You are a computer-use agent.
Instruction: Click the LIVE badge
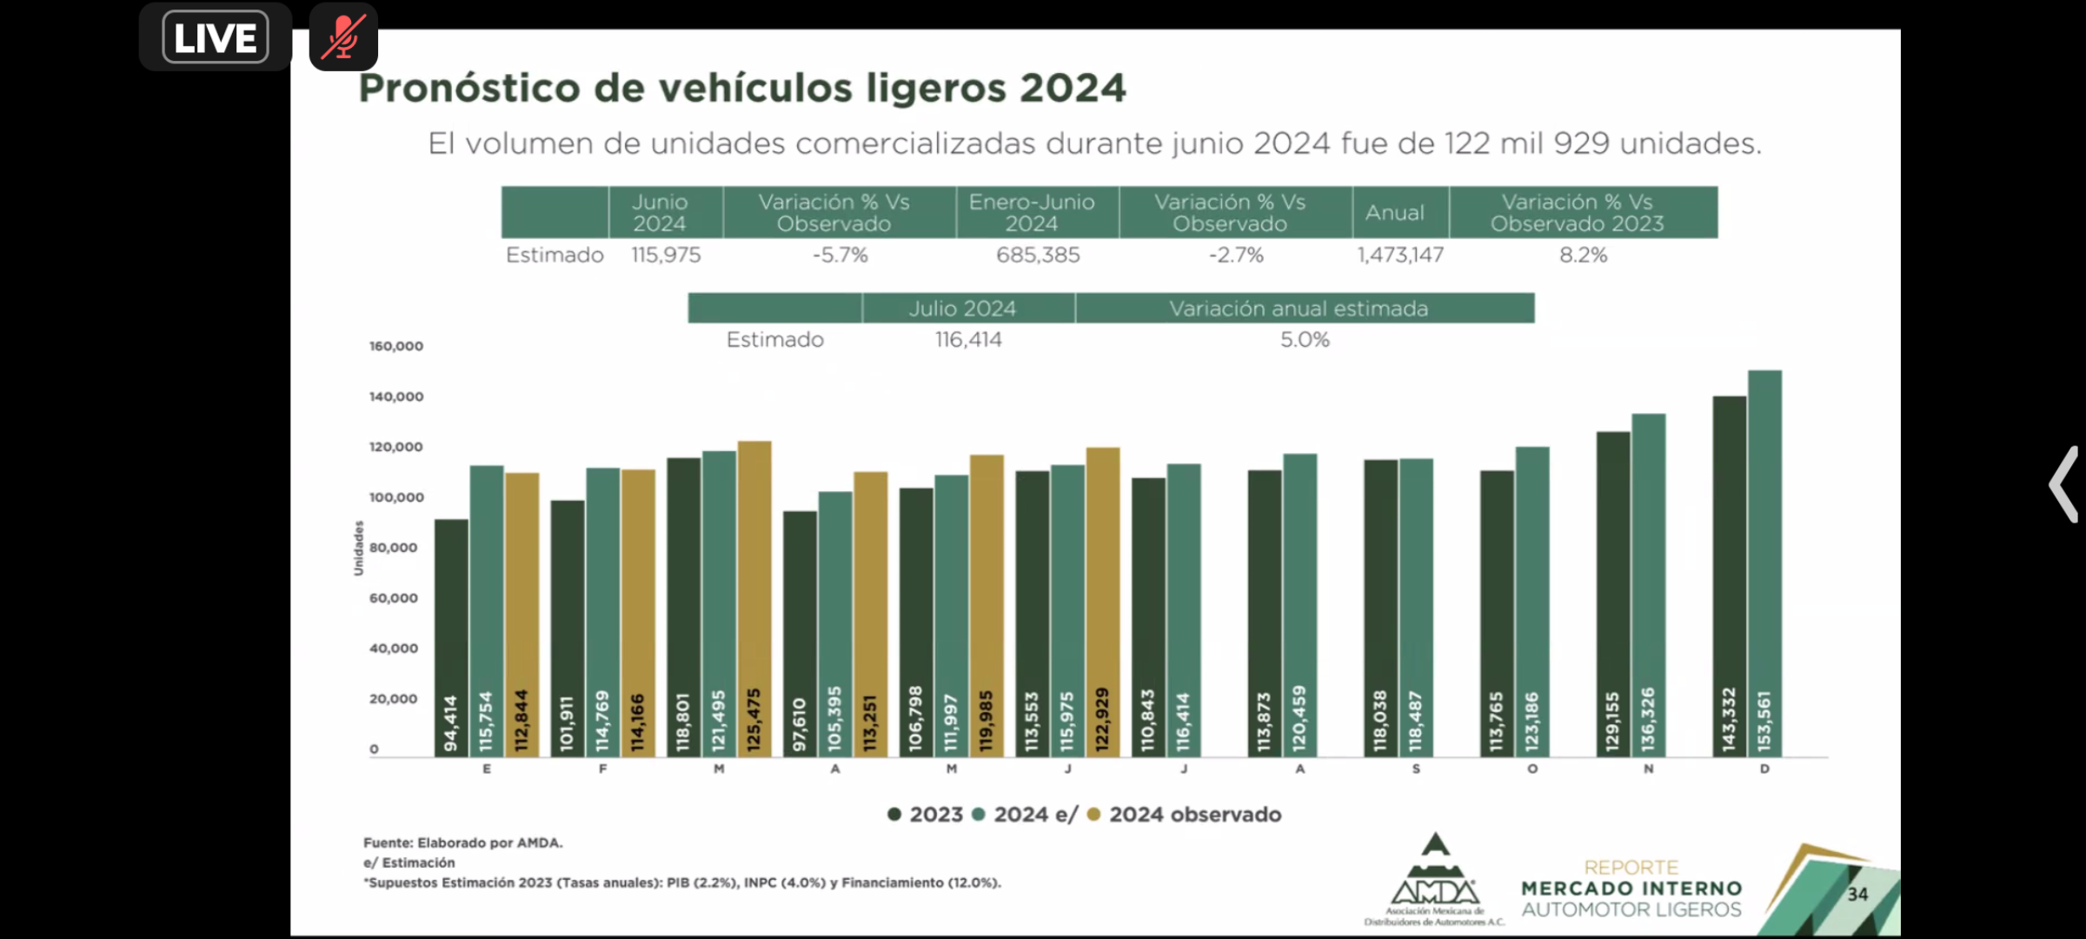pyautogui.click(x=215, y=37)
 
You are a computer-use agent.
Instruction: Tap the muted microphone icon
pyautogui.click(x=343, y=37)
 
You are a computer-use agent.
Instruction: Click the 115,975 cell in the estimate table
pyautogui.click(x=666, y=255)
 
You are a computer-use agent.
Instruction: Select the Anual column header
pyautogui.click(x=1394, y=212)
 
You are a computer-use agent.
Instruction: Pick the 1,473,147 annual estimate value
pyautogui.click(x=1400, y=255)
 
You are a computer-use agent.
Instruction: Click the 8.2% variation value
pyautogui.click(x=1583, y=255)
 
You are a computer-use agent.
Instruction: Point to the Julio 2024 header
pyautogui.click(x=962, y=309)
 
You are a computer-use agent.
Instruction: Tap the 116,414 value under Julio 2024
pyautogui.click(x=968, y=340)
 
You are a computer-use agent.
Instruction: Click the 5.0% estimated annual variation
pyautogui.click(x=1305, y=340)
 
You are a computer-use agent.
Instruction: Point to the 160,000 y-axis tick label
pyautogui.click(x=396, y=346)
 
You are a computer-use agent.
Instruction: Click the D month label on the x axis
pyautogui.click(x=1764, y=769)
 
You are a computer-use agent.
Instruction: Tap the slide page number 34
pyautogui.click(x=1857, y=894)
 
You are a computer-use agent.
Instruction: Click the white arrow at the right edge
pyautogui.click(x=2063, y=484)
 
